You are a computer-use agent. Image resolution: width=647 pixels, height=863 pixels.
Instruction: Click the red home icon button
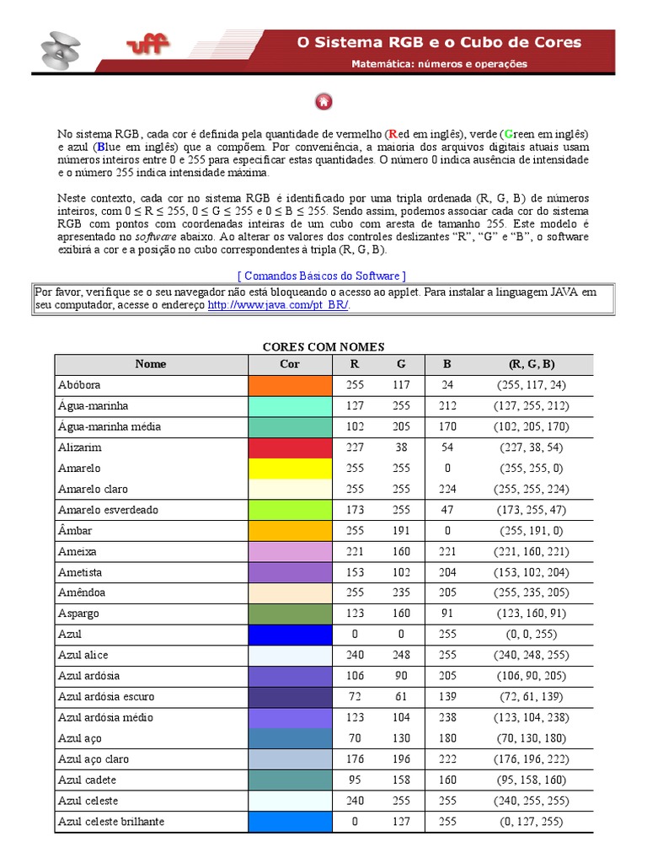(323, 102)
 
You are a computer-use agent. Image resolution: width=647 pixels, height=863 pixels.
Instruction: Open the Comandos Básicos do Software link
(323, 276)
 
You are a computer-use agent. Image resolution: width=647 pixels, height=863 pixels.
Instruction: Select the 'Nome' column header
(151, 364)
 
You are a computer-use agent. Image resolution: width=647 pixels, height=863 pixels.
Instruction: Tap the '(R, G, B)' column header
(532, 364)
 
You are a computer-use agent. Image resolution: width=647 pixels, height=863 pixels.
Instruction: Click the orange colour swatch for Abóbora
(290, 385)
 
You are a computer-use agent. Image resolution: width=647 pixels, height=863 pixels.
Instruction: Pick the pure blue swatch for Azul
(290, 634)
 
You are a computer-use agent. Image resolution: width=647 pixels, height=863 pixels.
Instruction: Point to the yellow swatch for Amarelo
(290, 468)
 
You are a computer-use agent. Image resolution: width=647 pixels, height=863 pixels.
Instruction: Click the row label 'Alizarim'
(80, 448)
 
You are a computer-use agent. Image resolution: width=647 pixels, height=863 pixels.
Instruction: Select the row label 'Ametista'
(79, 571)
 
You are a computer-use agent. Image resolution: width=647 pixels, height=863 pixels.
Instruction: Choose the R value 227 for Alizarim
(355, 448)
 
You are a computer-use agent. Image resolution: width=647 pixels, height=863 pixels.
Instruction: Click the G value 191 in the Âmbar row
(401, 530)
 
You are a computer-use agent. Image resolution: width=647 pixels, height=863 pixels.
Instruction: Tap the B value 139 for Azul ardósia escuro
(447, 696)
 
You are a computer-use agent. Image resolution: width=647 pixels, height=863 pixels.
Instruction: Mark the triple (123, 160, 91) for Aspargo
(532, 614)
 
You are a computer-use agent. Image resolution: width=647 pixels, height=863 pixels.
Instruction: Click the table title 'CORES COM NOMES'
(323, 346)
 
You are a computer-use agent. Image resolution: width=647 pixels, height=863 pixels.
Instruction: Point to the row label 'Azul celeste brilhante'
(111, 821)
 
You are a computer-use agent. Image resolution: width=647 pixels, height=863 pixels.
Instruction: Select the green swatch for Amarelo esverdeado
(290, 510)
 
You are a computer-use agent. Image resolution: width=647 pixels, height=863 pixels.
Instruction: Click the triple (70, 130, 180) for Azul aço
(532, 738)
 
